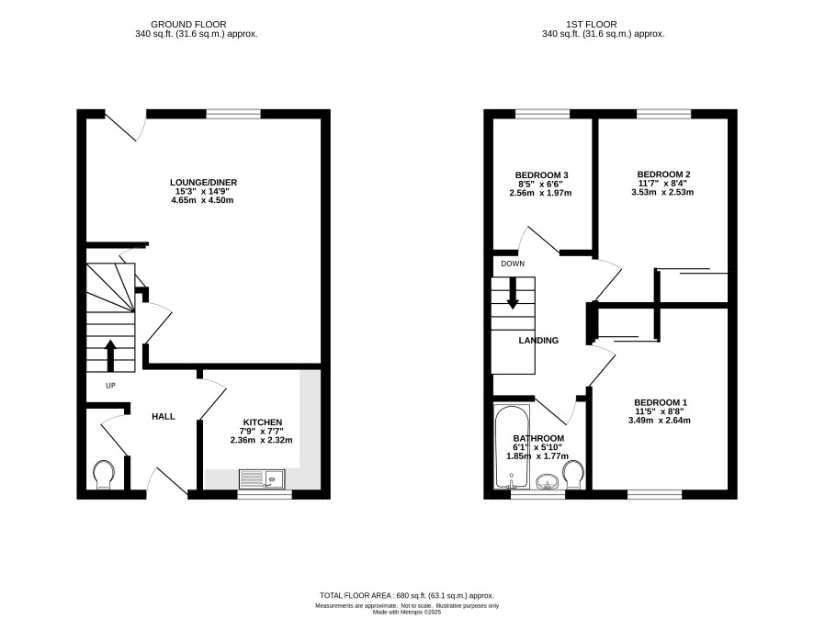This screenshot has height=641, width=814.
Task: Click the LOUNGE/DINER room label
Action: click(x=204, y=182)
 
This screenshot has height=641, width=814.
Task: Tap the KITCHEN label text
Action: click(x=263, y=422)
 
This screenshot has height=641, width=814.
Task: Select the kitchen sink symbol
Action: click(x=262, y=478)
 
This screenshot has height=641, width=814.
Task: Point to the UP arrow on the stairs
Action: click(x=110, y=355)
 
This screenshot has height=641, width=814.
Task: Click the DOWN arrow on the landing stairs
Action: click(x=513, y=293)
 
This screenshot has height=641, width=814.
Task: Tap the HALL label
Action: click(x=164, y=416)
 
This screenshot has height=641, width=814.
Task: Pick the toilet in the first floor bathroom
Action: click(x=573, y=475)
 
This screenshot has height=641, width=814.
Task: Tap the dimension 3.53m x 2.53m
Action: click(x=662, y=192)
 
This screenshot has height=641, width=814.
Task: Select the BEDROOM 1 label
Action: click(x=661, y=402)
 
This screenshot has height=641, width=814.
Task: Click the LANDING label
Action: click(x=539, y=341)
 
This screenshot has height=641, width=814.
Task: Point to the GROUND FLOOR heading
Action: click(x=188, y=25)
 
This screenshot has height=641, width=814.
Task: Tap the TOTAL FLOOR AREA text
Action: click(x=406, y=596)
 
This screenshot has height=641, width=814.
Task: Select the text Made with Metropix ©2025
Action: click(x=407, y=613)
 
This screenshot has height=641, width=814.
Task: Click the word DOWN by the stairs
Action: click(x=513, y=264)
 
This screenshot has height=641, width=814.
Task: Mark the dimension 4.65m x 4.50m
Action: click(x=202, y=200)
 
